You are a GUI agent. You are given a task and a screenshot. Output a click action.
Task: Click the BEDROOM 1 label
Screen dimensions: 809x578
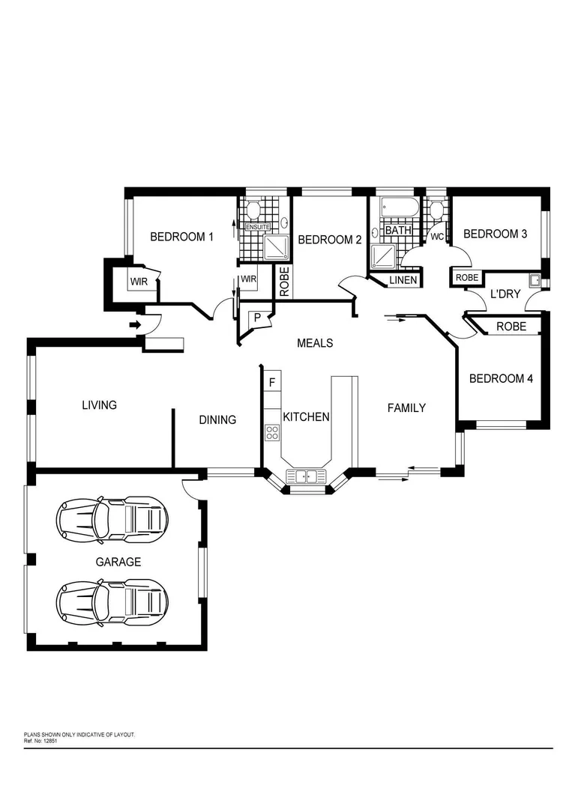point(181,237)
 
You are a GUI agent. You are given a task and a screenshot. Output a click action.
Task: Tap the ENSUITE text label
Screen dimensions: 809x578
point(257,227)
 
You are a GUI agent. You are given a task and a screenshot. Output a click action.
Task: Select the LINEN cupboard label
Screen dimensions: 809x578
point(403,280)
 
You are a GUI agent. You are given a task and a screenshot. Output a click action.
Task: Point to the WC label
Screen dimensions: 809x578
point(437,237)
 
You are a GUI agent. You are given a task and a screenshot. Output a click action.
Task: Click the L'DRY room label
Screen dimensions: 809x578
point(505,294)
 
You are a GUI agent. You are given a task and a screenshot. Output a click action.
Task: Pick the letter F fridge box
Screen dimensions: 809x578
point(272,382)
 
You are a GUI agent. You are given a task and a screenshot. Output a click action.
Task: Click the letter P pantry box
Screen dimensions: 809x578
point(257,317)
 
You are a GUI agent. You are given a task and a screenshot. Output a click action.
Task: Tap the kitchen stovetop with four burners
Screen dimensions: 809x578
point(272,431)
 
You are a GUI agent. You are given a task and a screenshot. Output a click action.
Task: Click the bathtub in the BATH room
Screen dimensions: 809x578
point(396,208)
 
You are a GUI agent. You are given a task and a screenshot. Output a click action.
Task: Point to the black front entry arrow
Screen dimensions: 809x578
point(135,324)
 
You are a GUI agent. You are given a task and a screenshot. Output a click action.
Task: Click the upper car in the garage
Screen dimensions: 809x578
point(112,518)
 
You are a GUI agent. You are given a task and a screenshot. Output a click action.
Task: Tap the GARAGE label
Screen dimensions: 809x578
point(118,561)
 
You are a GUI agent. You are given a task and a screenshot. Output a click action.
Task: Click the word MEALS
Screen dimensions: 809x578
point(315,343)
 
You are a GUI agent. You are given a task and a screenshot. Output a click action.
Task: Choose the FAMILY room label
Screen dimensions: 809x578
point(406,407)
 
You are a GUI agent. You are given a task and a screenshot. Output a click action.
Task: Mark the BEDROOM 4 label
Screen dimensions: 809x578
point(501,378)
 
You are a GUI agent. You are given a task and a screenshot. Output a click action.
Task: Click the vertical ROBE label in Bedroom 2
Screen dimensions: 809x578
point(285,282)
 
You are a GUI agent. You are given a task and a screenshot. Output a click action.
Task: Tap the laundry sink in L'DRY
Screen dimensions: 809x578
point(535,282)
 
